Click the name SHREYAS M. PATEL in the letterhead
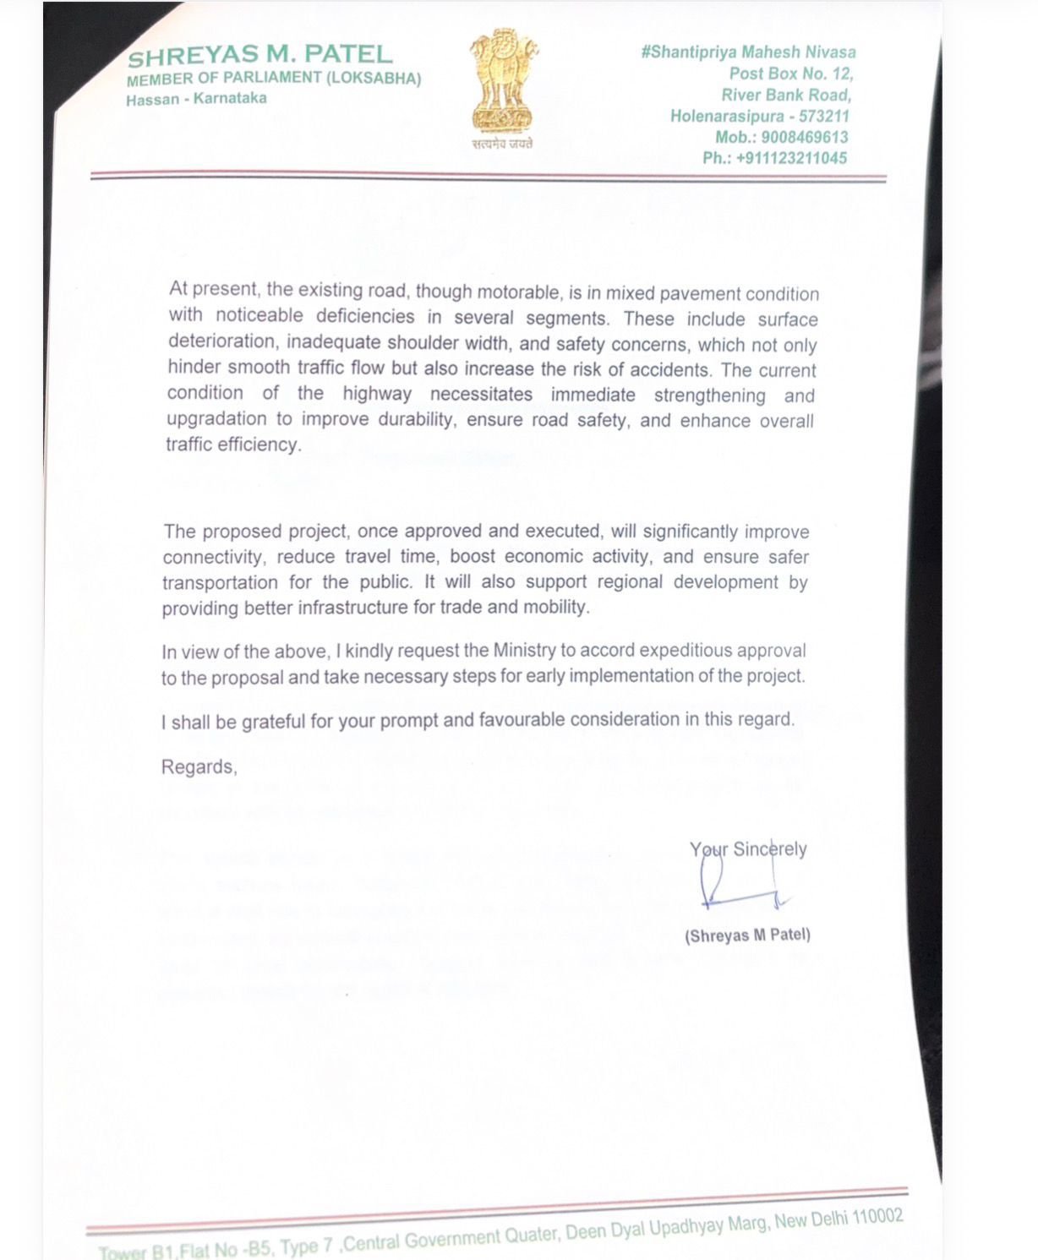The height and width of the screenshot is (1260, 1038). [259, 56]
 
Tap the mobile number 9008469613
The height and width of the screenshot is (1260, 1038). [805, 137]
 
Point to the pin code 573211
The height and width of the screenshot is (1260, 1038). [823, 116]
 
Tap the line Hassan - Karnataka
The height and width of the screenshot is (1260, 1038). [196, 99]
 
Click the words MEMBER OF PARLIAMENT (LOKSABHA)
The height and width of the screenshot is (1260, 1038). [273, 79]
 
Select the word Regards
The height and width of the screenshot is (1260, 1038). [199, 767]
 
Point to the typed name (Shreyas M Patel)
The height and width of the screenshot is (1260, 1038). [747, 935]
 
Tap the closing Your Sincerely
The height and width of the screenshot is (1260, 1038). [748, 849]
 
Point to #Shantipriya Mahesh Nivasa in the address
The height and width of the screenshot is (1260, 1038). [748, 52]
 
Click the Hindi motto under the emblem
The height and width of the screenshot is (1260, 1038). [502, 144]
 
